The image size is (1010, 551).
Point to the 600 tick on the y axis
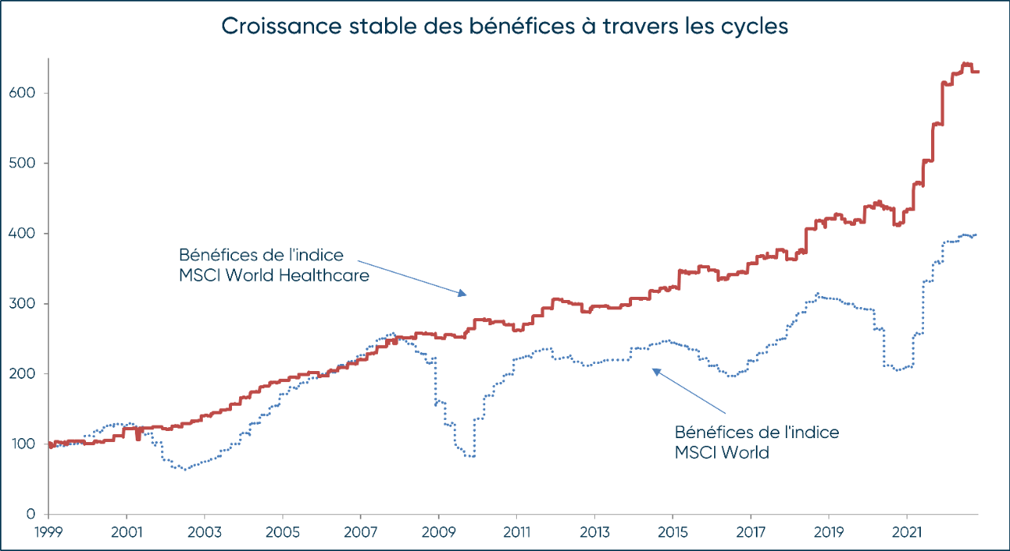coord(30,93)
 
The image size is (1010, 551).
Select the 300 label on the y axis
coord(30,304)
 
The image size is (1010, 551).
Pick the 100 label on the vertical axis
coord(30,444)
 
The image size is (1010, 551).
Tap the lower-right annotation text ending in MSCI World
coord(756,443)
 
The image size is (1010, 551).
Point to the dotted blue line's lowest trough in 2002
coord(186,469)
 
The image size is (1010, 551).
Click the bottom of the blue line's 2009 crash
coord(470,456)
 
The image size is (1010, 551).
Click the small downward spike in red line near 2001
coord(138,437)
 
